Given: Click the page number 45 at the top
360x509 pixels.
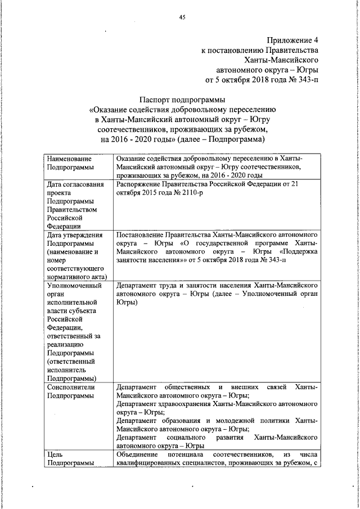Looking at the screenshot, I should click(182, 17).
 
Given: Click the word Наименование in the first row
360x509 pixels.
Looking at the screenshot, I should click(69, 159).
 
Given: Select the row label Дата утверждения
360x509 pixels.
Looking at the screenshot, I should click(75, 235).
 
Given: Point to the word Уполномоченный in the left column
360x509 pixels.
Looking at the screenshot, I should click(74, 285).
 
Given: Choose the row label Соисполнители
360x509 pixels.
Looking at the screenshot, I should click(71, 388).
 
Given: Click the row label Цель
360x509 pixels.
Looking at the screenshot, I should click(57, 454).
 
